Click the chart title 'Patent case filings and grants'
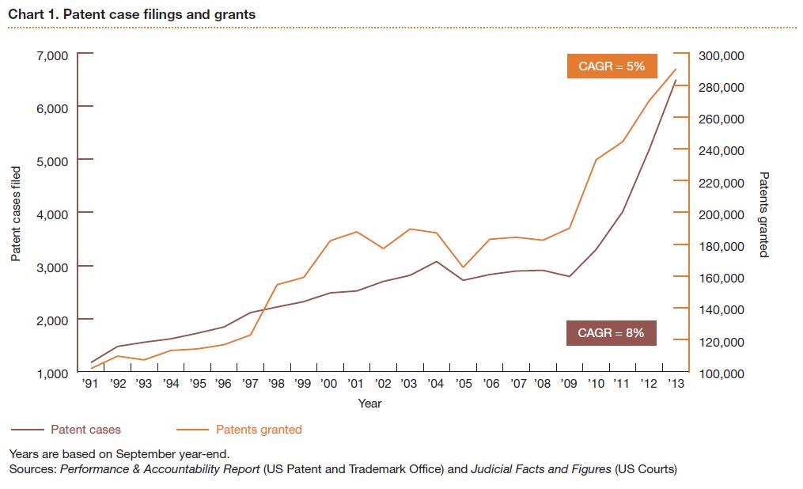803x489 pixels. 131,14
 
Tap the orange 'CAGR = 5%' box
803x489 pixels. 612,66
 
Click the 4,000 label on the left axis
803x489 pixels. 51,214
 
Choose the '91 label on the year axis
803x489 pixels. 91,384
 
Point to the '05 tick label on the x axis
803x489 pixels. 464,384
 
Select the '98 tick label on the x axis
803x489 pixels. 277,384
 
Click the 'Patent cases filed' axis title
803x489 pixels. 16,214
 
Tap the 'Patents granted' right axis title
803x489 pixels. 763,214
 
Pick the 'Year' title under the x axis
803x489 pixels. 369,404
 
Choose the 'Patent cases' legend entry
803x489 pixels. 85,430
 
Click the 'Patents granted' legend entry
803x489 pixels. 259,430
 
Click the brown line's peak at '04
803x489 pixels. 437,261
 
